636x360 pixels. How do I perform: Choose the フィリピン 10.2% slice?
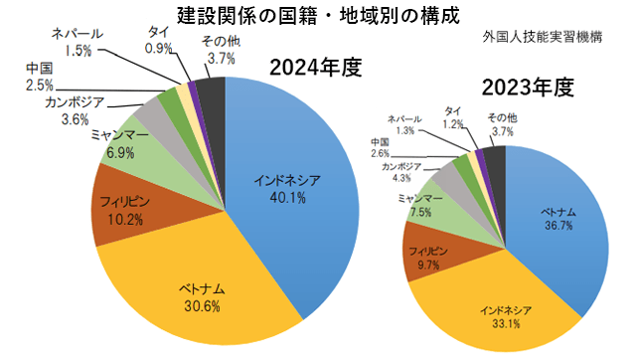[124, 210]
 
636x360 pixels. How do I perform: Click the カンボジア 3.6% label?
[75, 110]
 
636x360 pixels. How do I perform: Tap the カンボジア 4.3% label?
[401, 171]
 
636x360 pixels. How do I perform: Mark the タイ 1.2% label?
[453, 116]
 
